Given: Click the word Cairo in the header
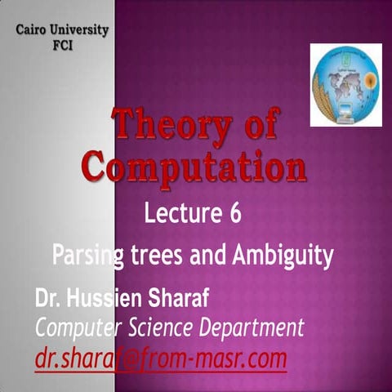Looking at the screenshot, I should point(33,31).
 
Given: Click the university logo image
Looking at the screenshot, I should point(345,86).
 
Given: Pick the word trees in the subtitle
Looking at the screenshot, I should point(157,257).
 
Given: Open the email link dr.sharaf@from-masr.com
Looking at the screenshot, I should point(160,358).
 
